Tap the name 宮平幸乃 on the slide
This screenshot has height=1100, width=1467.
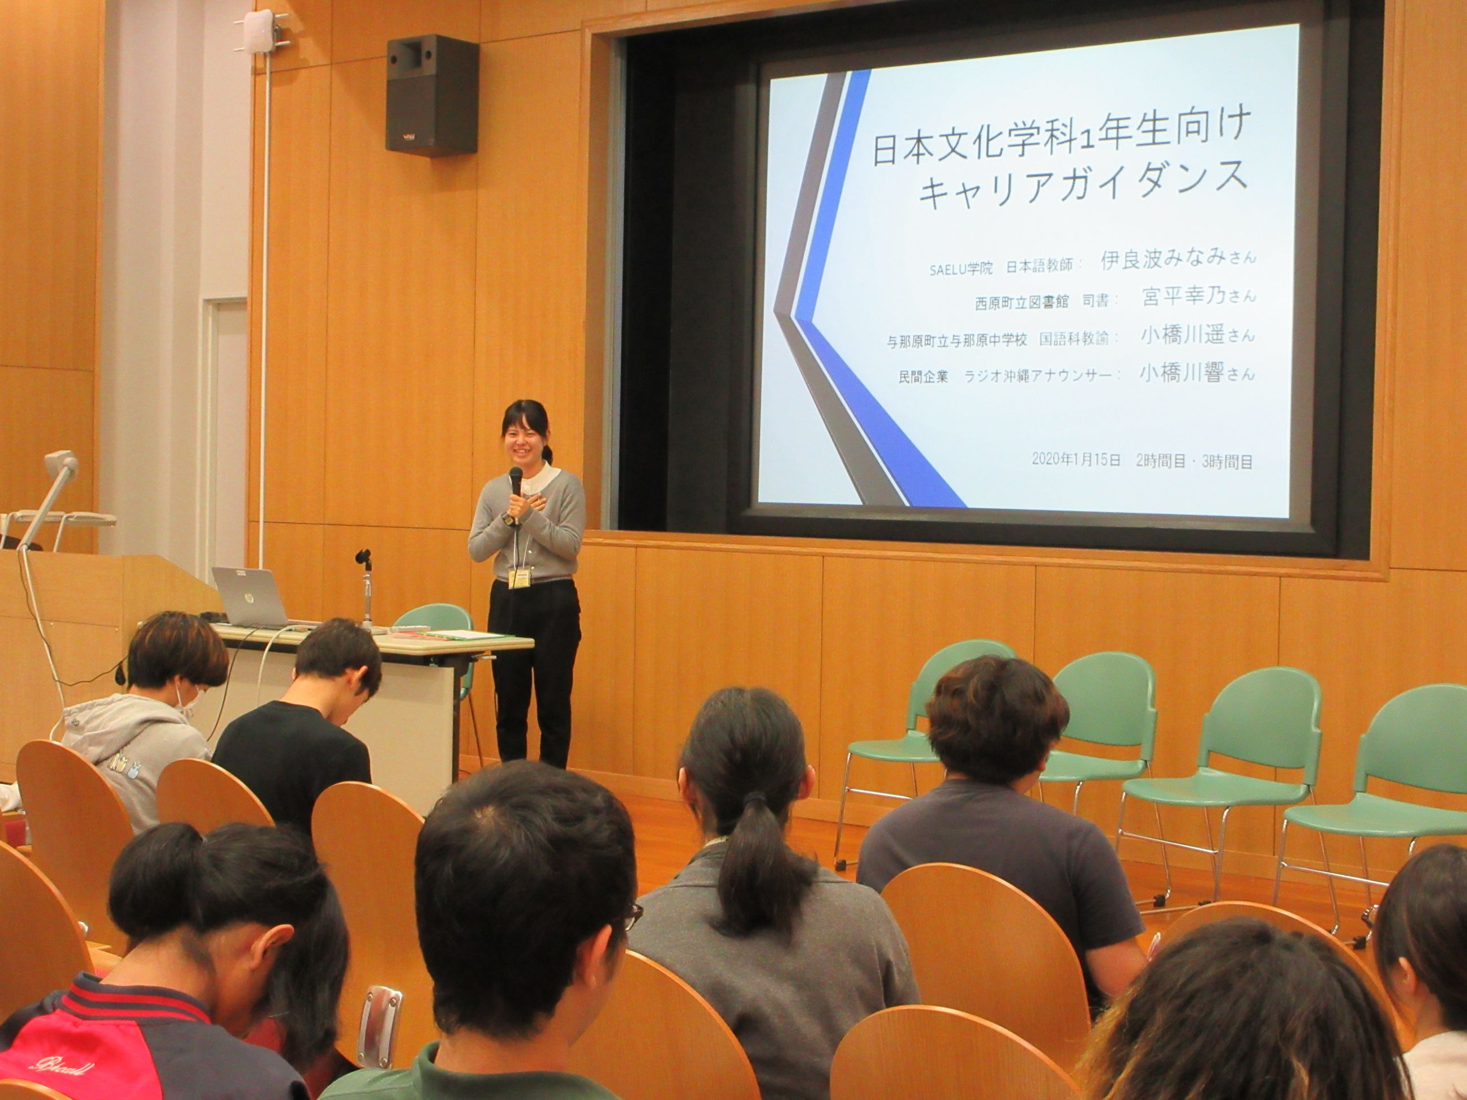pos(1182,296)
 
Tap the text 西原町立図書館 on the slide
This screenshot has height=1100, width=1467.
pos(1022,302)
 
